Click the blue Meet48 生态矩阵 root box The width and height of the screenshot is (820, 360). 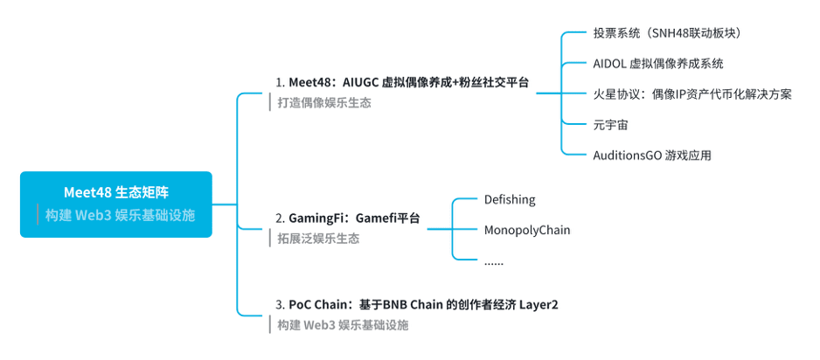(x=116, y=204)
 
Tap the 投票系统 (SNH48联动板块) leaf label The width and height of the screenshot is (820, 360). (x=670, y=33)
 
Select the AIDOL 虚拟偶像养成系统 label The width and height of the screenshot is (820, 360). (x=657, y=64)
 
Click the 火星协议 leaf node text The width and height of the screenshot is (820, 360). (x=691, y=94)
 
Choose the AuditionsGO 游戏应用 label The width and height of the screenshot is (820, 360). (x=651, y=155)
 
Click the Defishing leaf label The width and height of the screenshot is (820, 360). (x=510, y=200)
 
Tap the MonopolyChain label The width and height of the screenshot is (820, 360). (x=527, y=230)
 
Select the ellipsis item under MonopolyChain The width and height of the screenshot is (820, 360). (x=494, y=260)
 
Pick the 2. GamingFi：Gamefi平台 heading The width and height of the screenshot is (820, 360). (x=348, y=218)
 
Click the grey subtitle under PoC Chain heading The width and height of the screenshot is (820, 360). (x=342, y=325)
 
